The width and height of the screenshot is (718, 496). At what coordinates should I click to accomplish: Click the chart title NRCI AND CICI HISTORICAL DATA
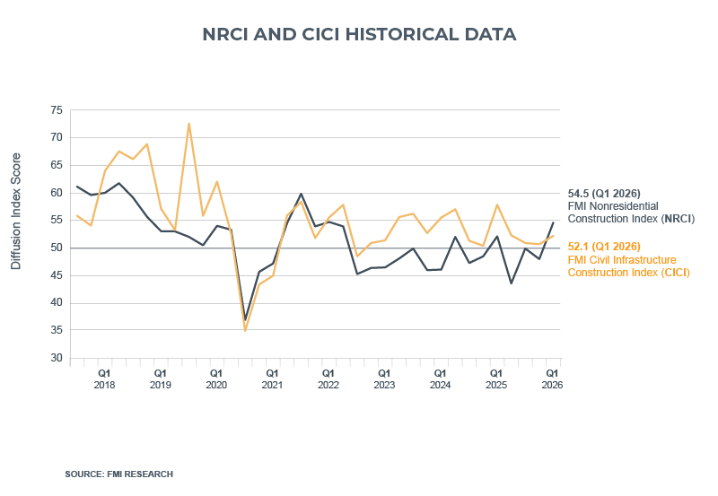pyautogui.click(x=359, y=35)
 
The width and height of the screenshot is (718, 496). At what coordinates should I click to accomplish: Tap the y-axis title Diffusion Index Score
pyautogui.click(x=15, y=211)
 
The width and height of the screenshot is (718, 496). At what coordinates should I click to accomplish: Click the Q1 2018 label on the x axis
pyautogui.click(x=104, y=378)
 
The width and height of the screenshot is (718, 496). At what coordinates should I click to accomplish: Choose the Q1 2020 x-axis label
pyautogui.click(x=216, y=378)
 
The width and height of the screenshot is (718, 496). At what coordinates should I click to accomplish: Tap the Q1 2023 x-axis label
pyautogui.click(x=384, y=378)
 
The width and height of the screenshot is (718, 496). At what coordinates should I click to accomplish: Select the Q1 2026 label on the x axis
pyautogui.click(x=553, y=378)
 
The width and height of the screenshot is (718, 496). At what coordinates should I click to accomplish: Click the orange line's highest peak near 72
pyautogui.click(x=188, y=124)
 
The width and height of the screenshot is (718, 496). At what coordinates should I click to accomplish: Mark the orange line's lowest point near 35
pyautogui.click(x=245, y=330)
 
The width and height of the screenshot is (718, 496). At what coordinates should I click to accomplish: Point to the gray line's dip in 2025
pyautogui.click(x=512, y=283)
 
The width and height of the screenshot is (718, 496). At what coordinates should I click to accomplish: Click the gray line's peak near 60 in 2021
pyautogui.click(x=301, y=194)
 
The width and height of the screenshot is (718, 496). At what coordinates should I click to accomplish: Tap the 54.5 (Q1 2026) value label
pyautogui.click(x=603, y=193)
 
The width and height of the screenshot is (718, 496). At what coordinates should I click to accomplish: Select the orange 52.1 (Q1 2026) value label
pyautogui.click(x=603, y=246)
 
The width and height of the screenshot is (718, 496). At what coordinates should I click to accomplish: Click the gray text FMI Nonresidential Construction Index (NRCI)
pyautogui.click(x=631, y=212)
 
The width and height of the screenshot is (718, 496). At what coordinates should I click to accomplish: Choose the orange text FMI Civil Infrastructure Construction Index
pyautogui.click(x=629, y=265)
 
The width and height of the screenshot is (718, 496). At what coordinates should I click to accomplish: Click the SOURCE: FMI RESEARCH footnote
pyautogui.click(x=119, y=474)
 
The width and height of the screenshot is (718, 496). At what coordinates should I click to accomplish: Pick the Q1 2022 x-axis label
pyautogui.click(x=328, y=378)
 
